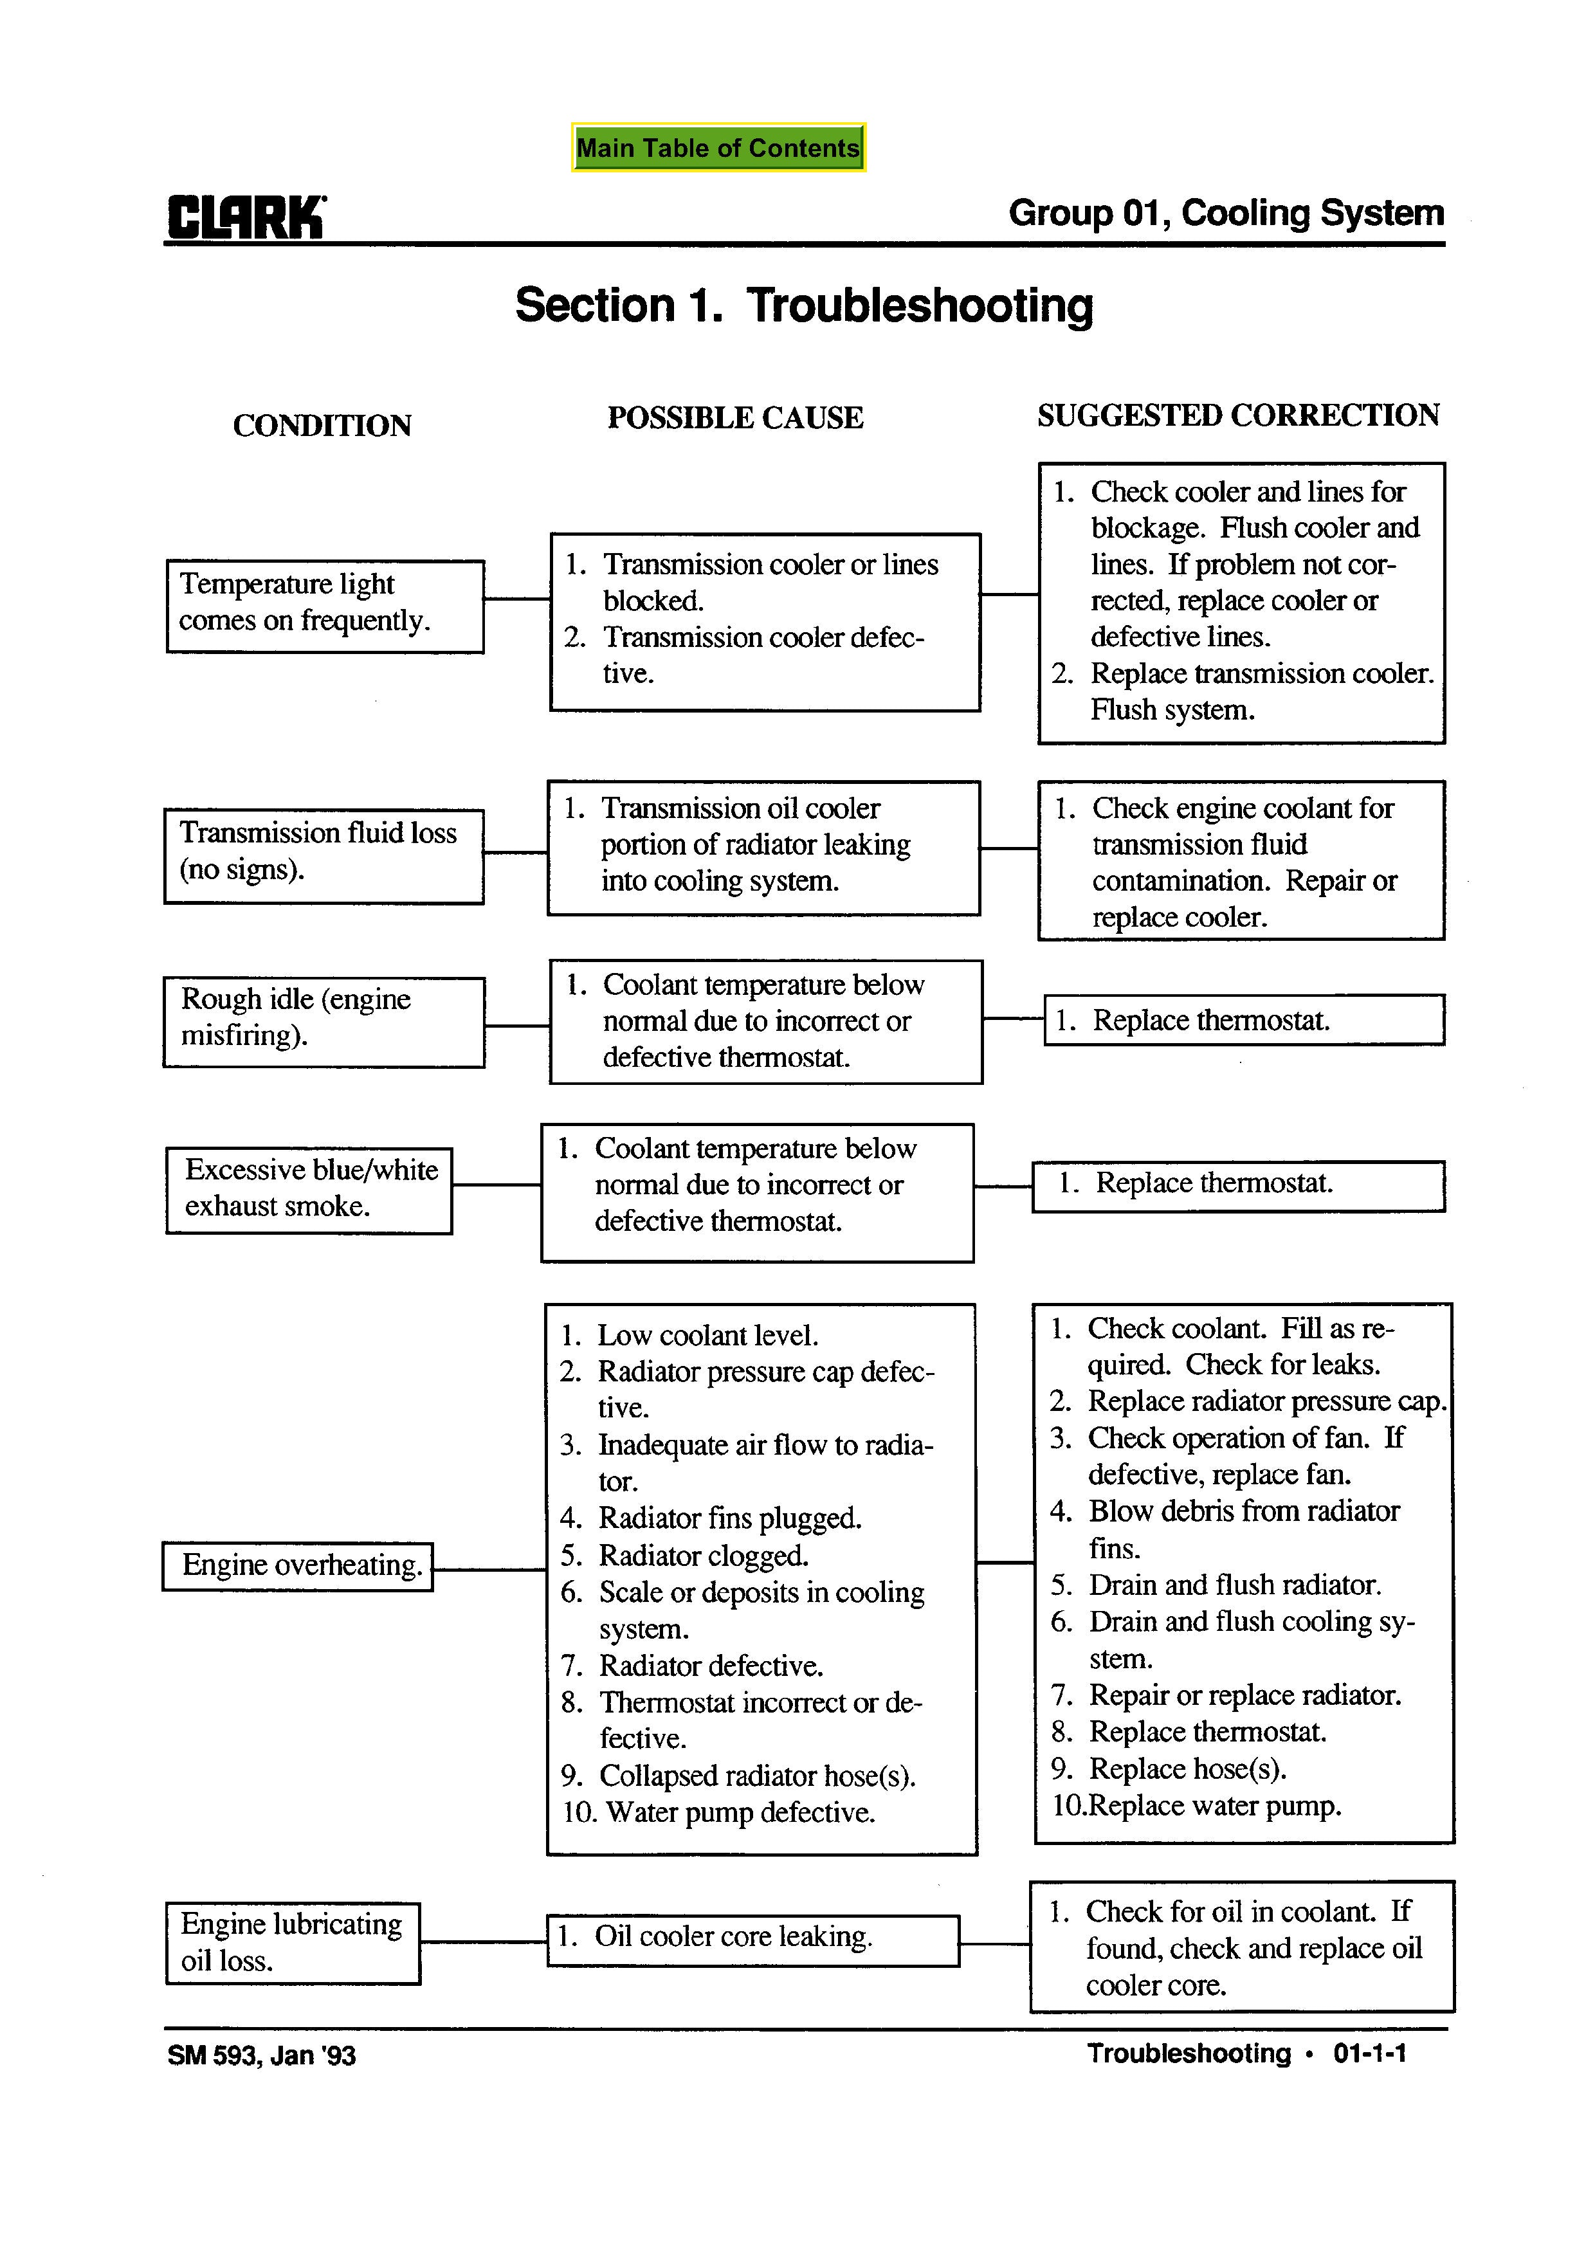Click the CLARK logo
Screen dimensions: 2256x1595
click(x=246, y=217)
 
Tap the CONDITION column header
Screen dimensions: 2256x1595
click(x=322, y=426)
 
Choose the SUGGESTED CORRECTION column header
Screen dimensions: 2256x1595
click(x=1237, y=415)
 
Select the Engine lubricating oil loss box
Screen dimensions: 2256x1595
click(x=292, y=1943)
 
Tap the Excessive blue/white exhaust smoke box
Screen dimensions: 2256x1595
click(x=309, y=1189)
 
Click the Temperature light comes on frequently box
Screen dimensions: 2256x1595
click(x=324, y=605)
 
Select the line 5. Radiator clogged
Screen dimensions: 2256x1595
click(x=685, y=1556)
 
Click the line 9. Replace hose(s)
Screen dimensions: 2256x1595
click(x=1169, y=1769)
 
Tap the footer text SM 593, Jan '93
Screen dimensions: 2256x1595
click(x=261, y=2055)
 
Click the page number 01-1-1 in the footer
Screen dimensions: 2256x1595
click(x=1369, y=2053)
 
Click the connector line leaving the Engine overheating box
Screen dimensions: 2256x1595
click(x=488, y=1569)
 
